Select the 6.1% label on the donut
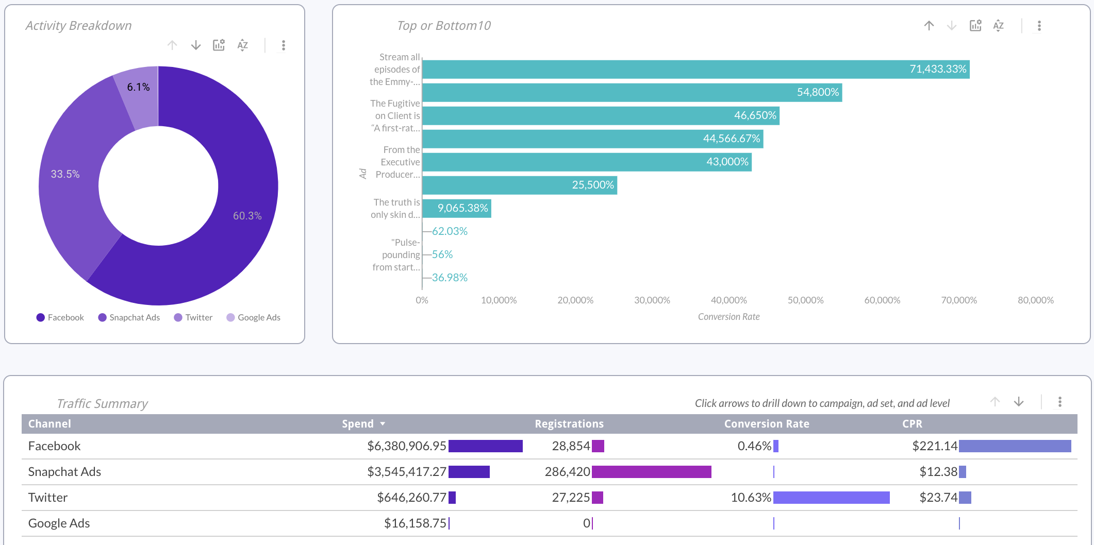[x=138, y=87]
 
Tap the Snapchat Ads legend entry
[x=134, y=317]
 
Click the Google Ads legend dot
[x=230, y=317]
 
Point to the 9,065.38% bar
[x=456, y=208]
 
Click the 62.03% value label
[x=450, y=231]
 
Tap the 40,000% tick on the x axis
[x=728, y=300]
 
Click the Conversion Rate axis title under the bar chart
[x=728, y=317]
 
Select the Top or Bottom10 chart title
[x=443, y=26]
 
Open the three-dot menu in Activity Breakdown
[x=283, y=45]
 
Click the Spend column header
[x=358, y=424]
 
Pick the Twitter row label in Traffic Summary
[x=48, y=498]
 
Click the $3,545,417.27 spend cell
[x=406, y=472]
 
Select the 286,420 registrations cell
[x=567, y=472]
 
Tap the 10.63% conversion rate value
[x=751, y=498]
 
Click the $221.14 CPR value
[x=934, y=446]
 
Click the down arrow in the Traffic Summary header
[x=1019, y=402]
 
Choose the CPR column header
[x=912, y=424]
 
